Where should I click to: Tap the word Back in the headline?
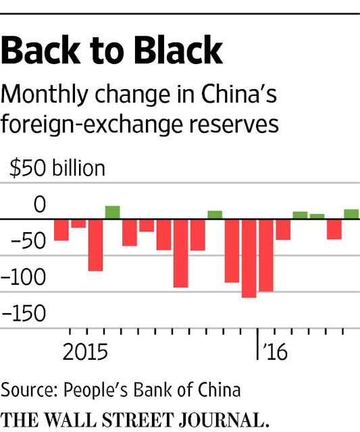(41, 50)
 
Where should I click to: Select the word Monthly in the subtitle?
(45, 95)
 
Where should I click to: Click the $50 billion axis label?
(57, 168)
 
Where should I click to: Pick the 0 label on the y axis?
(39, 205)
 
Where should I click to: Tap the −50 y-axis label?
(28, 240)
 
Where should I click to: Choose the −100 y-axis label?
(23, 277)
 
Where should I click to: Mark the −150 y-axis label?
(23, 313)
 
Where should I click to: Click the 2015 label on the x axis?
(85, 352)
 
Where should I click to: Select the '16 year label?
(275, 352)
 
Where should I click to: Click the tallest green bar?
(113, 213)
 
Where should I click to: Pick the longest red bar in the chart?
(249, 259)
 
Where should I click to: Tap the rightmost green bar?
(351, 214)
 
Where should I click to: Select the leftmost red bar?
(61, 230)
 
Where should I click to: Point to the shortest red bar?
(78, 223)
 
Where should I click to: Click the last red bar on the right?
(334, 230)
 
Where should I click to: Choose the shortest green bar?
(317, 217)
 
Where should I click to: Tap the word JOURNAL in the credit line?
(224, 420)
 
